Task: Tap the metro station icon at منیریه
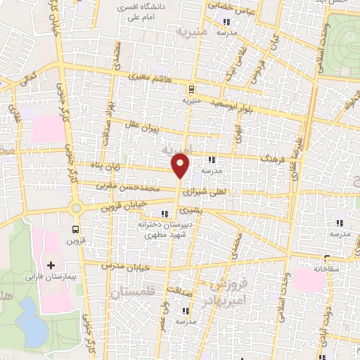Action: tap(190, 89)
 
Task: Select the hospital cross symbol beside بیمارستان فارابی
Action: tap(50, 265)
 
